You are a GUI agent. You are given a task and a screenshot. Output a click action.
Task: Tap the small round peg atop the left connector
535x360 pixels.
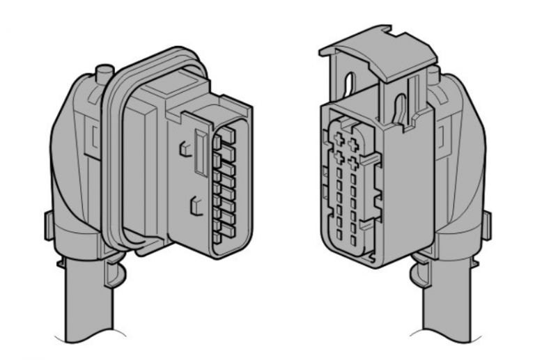tap(105, 70)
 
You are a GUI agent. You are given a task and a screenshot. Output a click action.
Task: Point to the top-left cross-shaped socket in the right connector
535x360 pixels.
tap(341, 131)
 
